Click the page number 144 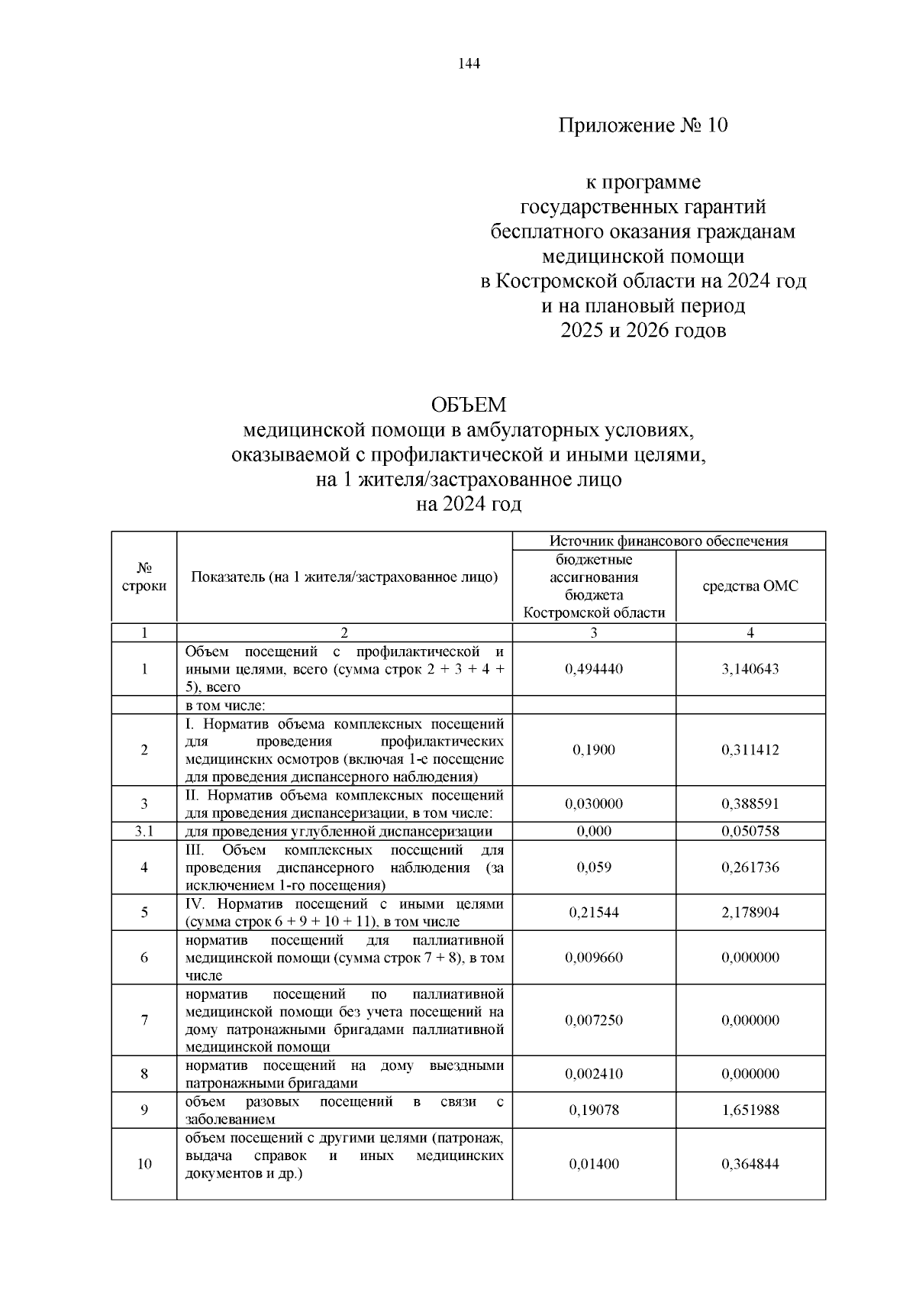tap(469, 64)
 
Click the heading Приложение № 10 tap(643, 125)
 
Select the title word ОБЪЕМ tap(469, 405)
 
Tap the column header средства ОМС tap(750, 587)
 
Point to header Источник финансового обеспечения tap(669, 541)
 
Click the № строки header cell tap(144, 577)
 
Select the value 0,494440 tap(594, 669)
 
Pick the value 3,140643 tap(750, 669)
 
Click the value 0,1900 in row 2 tap(594, 750)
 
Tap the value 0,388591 tap(750, 803)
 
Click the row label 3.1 tap(144, 832)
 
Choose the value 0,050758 tap(750, 832)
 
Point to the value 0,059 tap(594, 868)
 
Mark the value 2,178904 tap(750, 913)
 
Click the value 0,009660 tap(594, 958)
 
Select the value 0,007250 tap(594, 1020)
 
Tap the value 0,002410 tap(594, 1074)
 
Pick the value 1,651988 tap(750, 1110)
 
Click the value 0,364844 tap(750, 1164)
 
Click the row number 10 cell tap(144, 1164)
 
